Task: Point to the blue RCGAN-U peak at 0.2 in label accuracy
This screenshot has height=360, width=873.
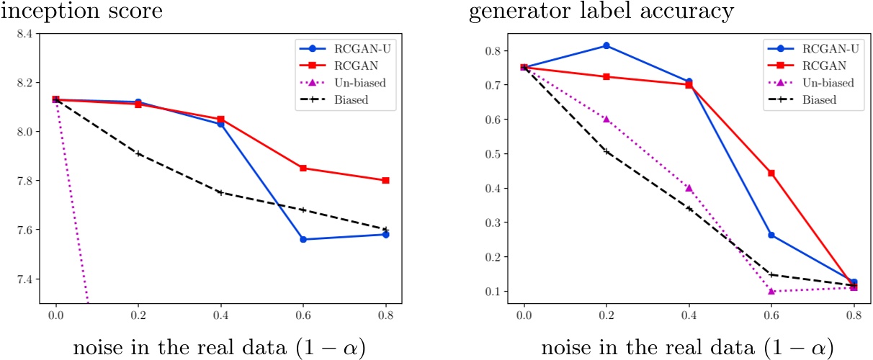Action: pos(606,45)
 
